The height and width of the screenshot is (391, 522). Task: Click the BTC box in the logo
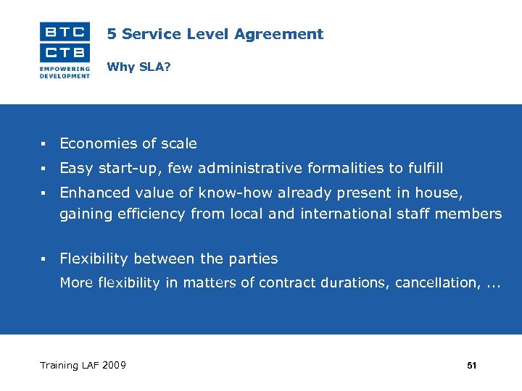[65, 31]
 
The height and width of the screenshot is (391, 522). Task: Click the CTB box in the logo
[65, 52]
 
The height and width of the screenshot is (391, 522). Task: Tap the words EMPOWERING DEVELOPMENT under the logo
[65, 72]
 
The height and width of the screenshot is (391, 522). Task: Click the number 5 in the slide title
[111, 34]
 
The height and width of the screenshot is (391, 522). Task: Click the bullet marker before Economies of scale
[44, 144]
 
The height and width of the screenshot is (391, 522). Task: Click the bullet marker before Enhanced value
[44, 193]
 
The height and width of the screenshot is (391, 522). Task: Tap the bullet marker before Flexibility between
[44, 259]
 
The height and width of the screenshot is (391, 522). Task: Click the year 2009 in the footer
[113, 366]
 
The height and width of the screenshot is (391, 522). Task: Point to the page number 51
[472, 366]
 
